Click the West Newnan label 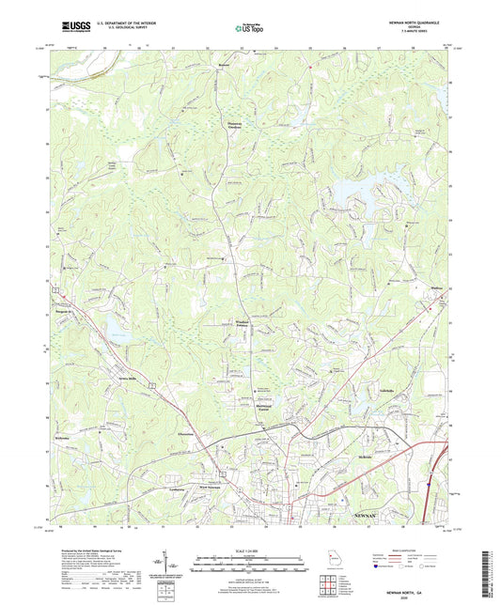209,486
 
